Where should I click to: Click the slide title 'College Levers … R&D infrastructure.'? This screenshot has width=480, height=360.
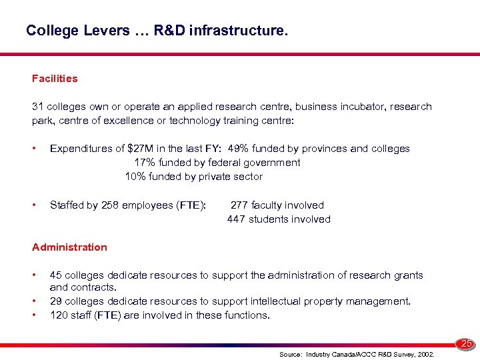click(x=157, y=31)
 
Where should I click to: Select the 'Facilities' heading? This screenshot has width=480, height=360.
click(x=55, y=79)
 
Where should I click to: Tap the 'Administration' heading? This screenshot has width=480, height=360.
click(x=69, y=247)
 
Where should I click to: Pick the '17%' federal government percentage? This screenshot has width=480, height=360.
click(x=145, y=163)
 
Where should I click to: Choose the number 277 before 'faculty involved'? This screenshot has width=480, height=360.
click(x=239, y=205)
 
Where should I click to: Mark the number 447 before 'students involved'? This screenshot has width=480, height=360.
click(x=237, y=219)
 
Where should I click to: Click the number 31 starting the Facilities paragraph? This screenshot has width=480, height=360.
click(x=37, y=107)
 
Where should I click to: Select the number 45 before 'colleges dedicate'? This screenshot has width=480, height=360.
click(x=56, y=275)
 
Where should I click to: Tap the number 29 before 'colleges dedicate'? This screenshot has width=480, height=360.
click(x=56, y=301)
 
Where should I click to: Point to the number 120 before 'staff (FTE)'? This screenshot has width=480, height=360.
click(x=59, y=315)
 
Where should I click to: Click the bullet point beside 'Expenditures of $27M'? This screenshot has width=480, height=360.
click(x=34, y=149)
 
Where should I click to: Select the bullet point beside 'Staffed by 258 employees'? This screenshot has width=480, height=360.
click(x=34, y=205)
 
